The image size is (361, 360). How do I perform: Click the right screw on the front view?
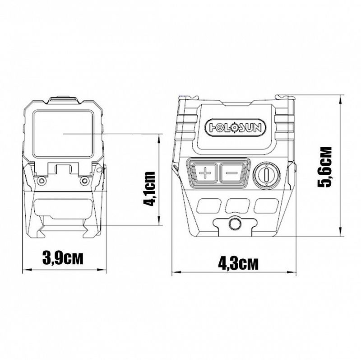point(83,181)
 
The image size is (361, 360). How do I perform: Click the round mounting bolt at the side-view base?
point(234,224)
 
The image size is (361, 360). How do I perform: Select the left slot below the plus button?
point(208,206)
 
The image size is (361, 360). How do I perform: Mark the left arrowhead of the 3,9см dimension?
point(25,270)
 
